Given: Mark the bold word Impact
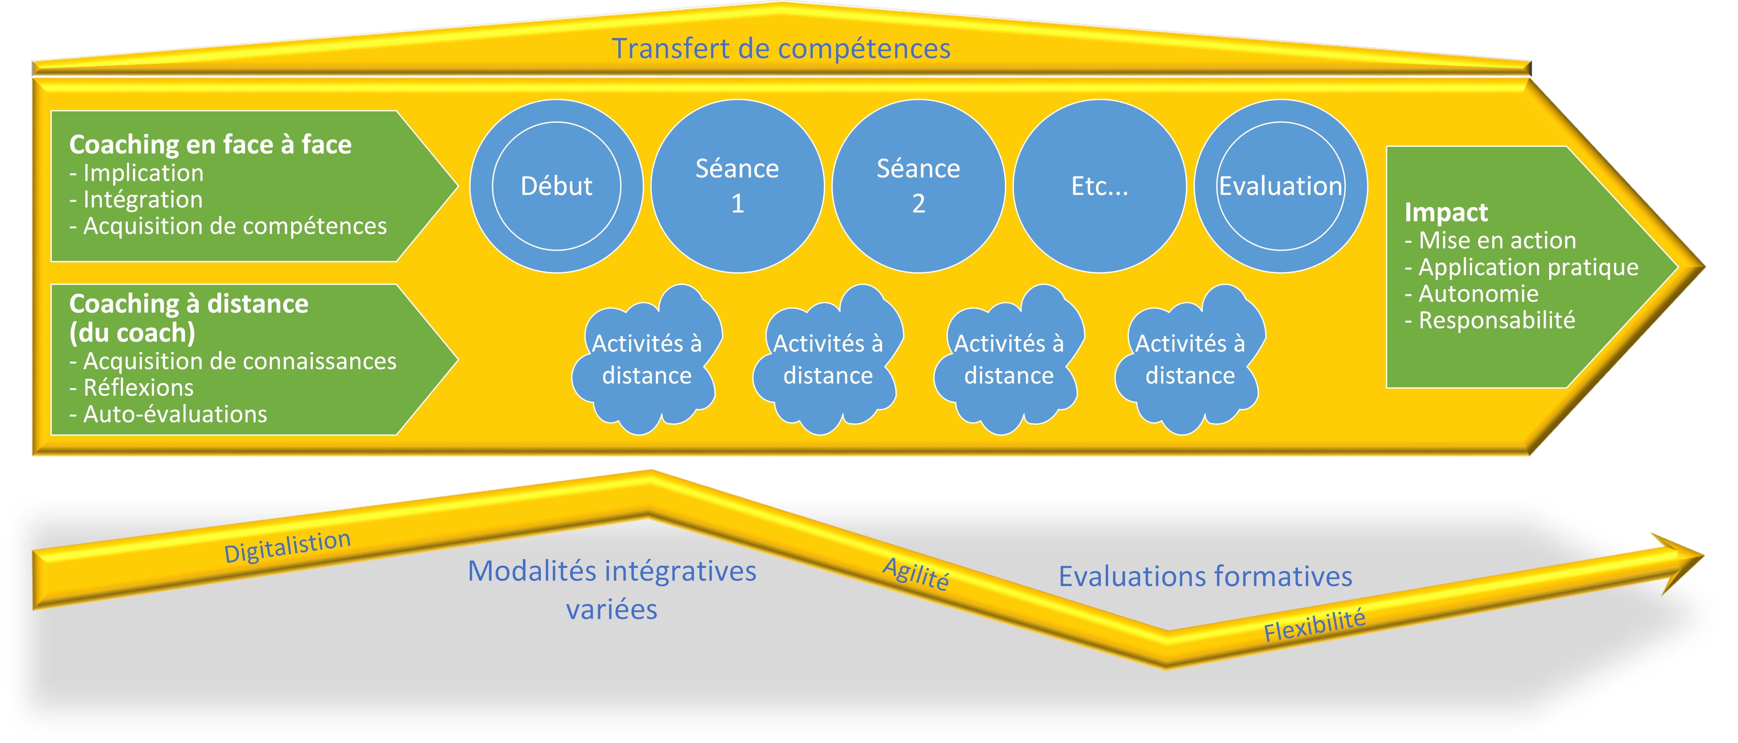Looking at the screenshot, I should point(1446,213).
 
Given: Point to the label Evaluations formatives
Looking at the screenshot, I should point(1205,576).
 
